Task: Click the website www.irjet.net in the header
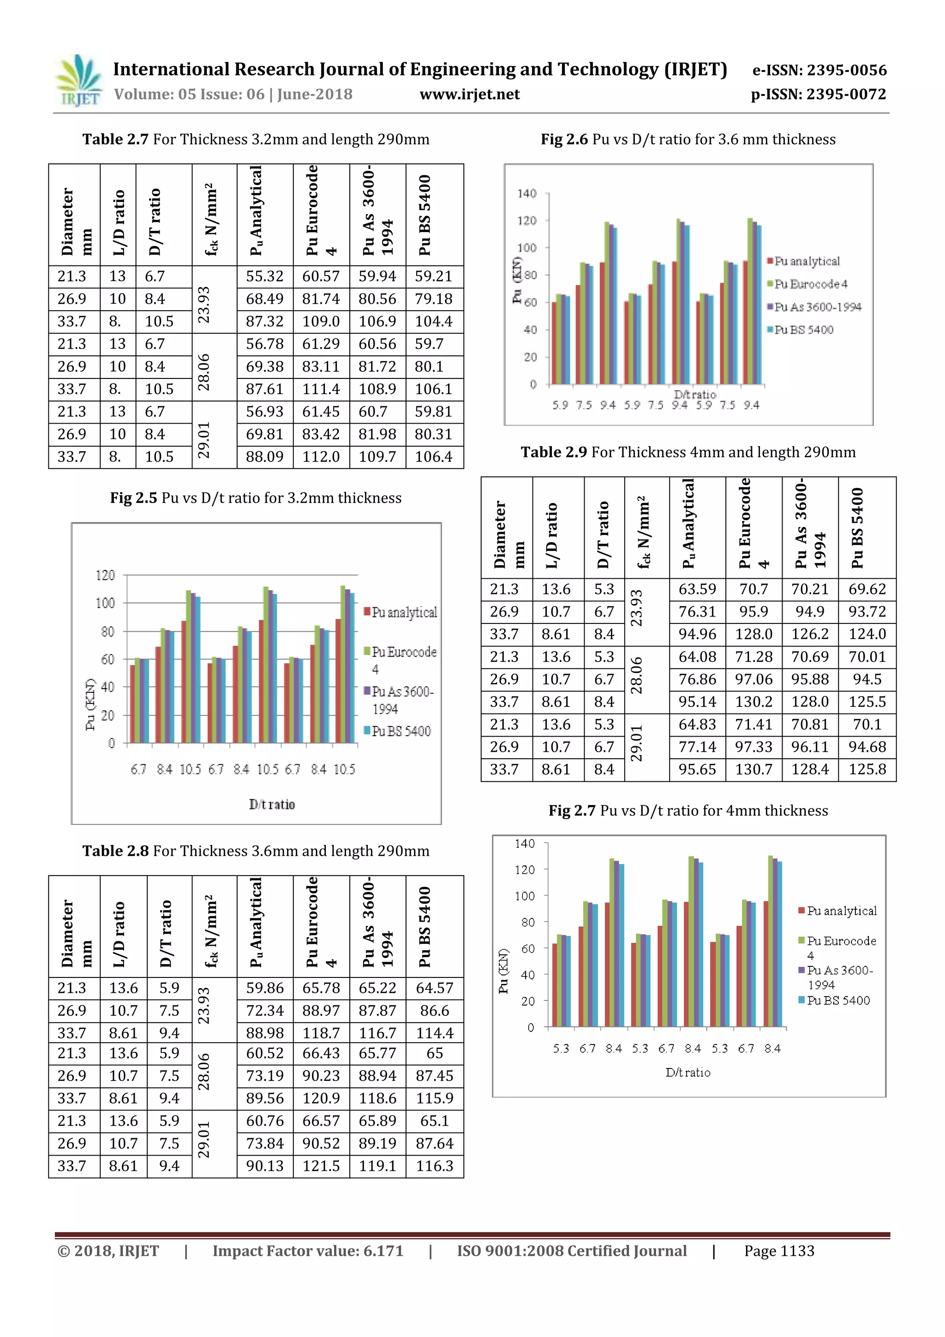tap(469, 94)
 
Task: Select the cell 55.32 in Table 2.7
tap(264, 276)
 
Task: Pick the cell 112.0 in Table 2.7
tap(321, 457)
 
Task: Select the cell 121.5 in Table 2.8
tap(321, 1166)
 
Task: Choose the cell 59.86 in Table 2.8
tap(264, 988)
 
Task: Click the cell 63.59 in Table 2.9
tap(697, 589)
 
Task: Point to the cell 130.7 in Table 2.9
tap(754, 770)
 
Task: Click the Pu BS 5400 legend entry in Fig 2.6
tap(803, 330)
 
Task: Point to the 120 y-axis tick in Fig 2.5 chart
tap(105, 576)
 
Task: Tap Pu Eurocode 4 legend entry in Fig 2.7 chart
tap(841, 947)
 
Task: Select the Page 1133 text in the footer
tap(779, 1251)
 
